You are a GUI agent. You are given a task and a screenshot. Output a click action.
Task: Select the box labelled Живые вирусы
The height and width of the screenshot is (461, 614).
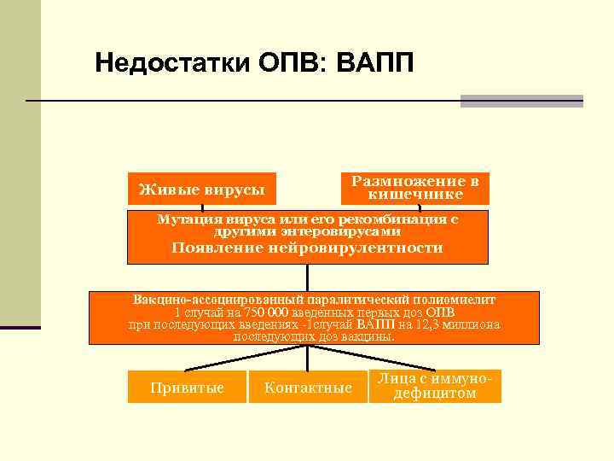(202, 189)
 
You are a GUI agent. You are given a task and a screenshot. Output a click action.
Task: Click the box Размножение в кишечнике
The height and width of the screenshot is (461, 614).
(415, 188)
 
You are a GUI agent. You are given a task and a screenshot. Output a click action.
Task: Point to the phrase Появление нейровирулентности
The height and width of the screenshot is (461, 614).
(307, 248)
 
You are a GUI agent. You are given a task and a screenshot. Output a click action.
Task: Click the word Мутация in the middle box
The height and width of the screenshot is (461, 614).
(185, 219)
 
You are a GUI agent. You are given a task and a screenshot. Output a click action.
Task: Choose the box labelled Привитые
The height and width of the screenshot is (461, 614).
(187, 388)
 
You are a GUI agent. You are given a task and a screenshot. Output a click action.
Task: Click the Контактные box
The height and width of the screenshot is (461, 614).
(308, 388)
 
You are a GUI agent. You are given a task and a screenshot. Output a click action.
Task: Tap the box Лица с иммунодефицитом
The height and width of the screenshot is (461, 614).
(434, 386)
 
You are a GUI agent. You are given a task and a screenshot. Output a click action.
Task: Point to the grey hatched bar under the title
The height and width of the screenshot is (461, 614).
(521, 101)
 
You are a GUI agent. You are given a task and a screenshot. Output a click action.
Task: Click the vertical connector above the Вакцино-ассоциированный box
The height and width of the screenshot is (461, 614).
(307, 277)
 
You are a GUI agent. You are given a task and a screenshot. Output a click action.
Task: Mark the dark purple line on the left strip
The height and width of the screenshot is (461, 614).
(20, 327)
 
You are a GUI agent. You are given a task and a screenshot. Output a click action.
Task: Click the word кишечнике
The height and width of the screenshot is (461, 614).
(415, 195)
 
